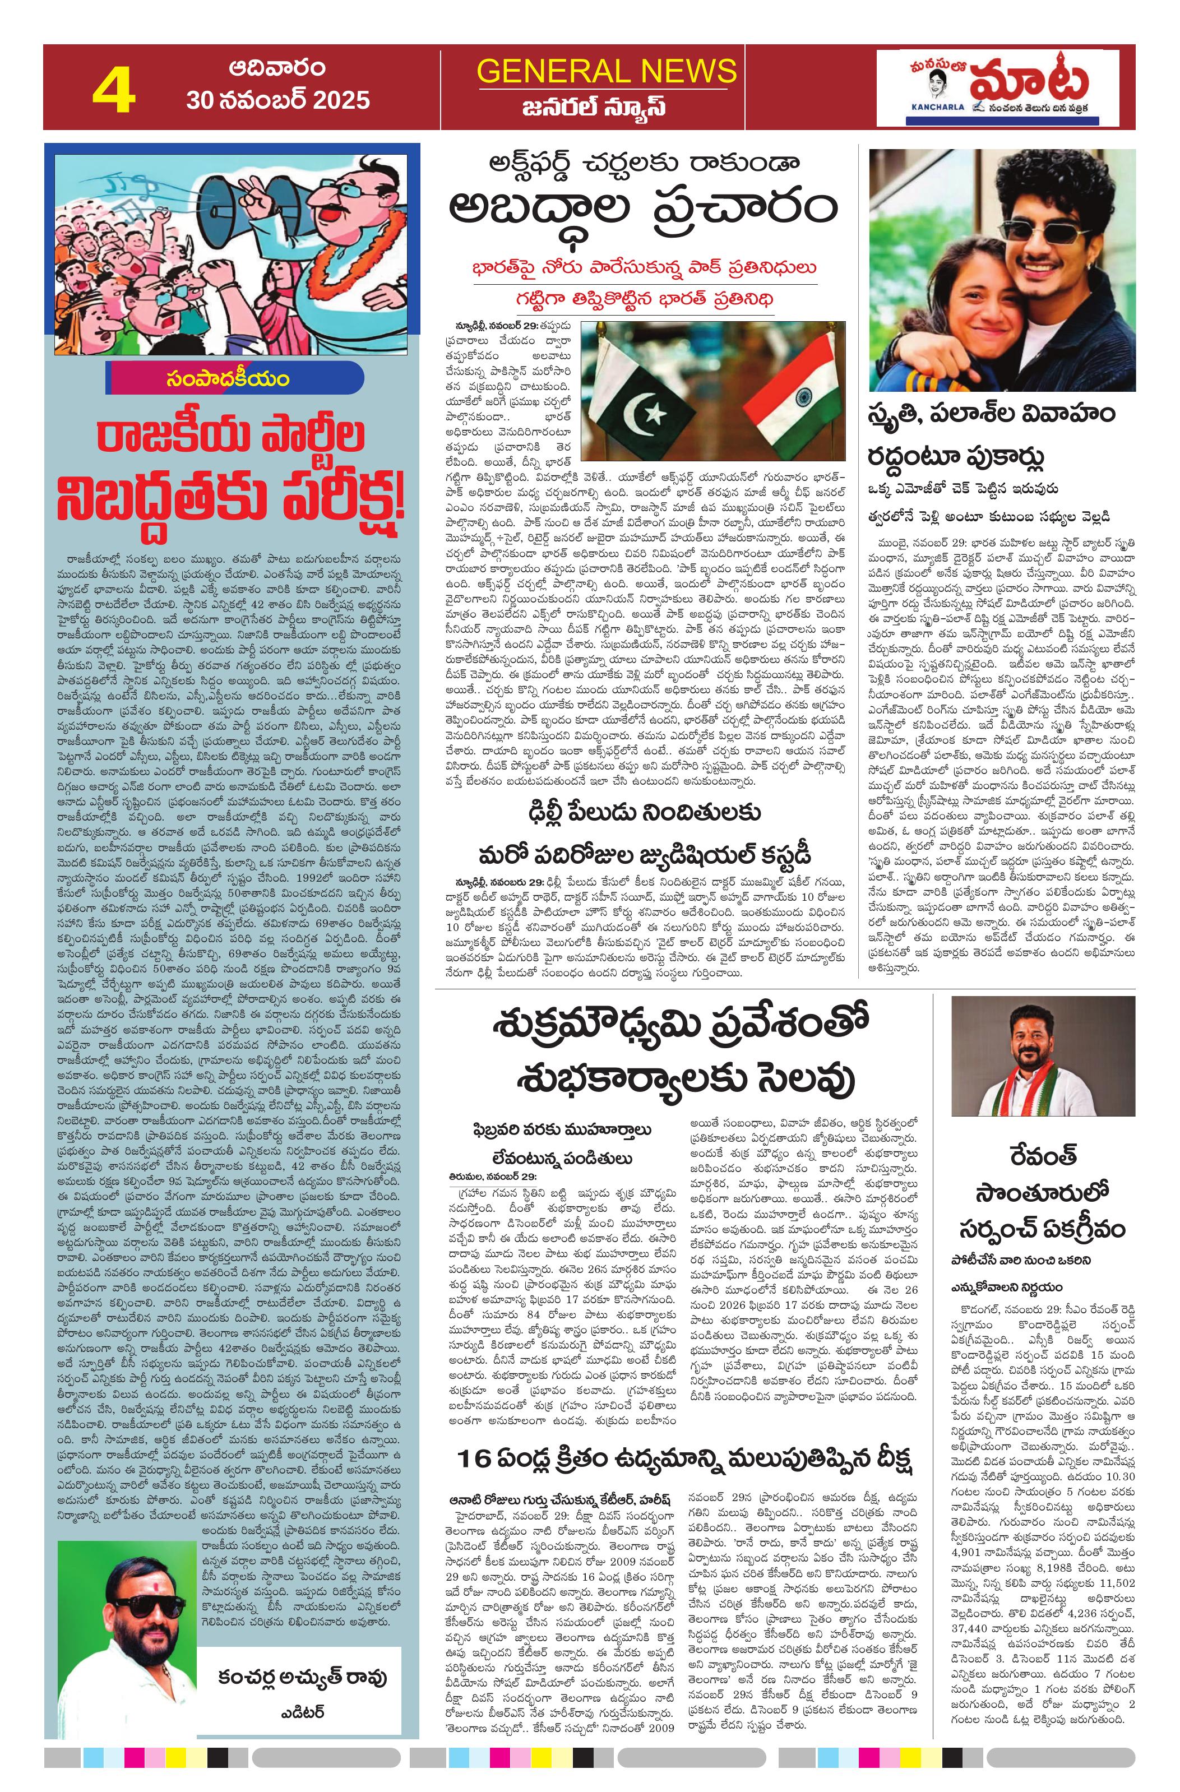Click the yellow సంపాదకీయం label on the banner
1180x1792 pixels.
[228, 379]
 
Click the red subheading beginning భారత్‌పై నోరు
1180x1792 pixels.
[645, 268]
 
